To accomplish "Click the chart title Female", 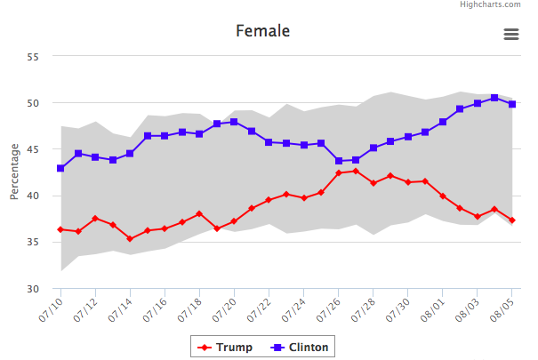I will pos(262,31).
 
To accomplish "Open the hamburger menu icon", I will pos(511,34).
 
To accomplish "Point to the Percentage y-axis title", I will pos(14,172).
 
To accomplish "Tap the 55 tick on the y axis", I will pos(34,57).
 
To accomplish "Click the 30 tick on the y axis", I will pos(34,288).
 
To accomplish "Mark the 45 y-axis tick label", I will pos(34,149).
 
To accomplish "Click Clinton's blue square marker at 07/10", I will pos(60,168).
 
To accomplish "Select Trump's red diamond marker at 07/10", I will pos(60,229).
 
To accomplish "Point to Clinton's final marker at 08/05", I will pos(512,104).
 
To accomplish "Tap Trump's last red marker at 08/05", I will pos(512,220).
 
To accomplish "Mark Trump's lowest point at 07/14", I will pos(130,238).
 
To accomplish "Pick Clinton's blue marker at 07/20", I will pos(234,122).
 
